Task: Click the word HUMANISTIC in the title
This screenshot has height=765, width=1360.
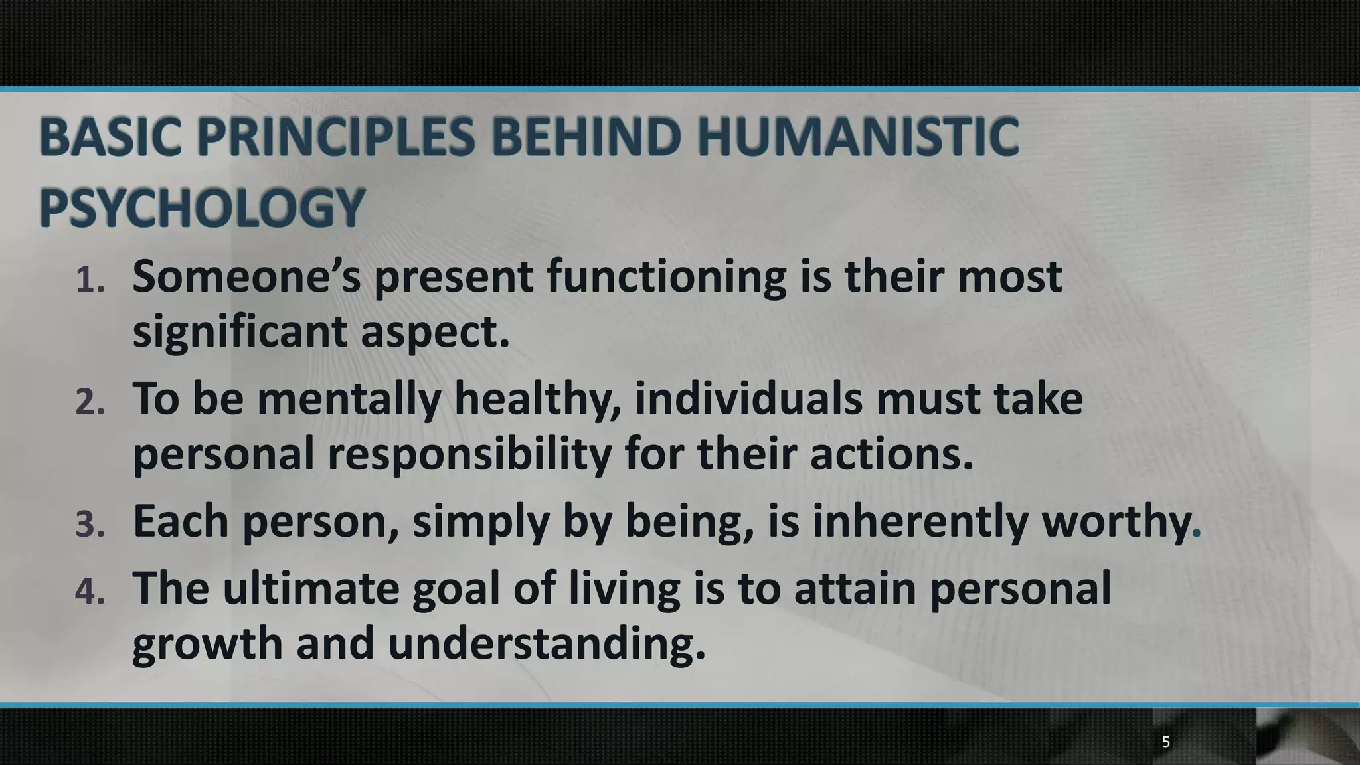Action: tap(857, 137)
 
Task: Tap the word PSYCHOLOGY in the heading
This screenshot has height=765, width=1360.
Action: tap(202, 208)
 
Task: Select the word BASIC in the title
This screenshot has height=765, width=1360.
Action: tap(110, 137)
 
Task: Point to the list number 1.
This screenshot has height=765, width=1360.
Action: tap(90, 280)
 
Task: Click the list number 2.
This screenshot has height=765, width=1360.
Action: tap(90, 402)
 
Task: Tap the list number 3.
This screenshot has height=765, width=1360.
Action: tap(90, 525)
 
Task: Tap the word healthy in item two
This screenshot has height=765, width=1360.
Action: tap(537, 400)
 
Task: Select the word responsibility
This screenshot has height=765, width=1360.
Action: tap(469, 456)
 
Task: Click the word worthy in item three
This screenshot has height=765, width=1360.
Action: tap(1116, 522)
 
